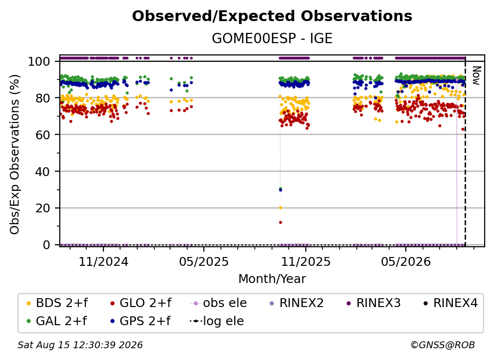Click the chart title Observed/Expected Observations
coord(272,16)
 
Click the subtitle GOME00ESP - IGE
coord(272,38)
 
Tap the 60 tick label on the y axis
coord(43,134)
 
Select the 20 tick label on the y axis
coord(43,208)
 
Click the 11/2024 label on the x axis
coord(103,261)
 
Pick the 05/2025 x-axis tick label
coord(204,261)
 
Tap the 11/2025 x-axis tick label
coord(306,261)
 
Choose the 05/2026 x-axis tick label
coord(406,261)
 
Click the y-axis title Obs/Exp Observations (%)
coord(15,154)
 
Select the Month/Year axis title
coord(272,279)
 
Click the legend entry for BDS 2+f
coord(57,303)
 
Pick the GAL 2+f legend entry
coord(56,321)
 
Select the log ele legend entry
coord(217,321)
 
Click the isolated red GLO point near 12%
coord(280,223)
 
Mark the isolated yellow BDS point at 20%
coord(280,208)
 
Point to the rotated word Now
coord(476,76)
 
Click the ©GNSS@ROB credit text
coord(443,345)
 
